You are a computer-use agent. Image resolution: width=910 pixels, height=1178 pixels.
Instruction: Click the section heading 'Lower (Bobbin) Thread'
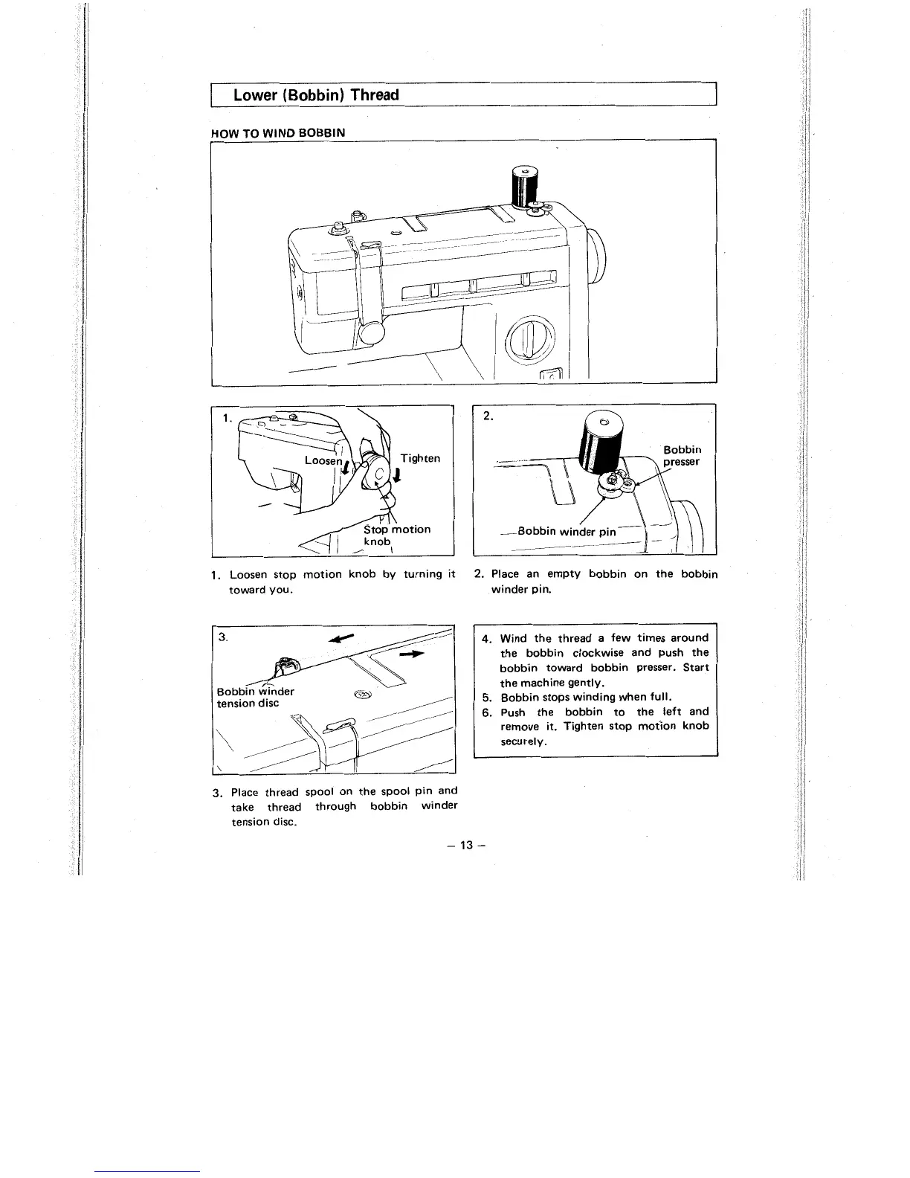point(316,95)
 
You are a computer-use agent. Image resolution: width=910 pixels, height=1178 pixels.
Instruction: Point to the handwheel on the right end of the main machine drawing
point(598,252)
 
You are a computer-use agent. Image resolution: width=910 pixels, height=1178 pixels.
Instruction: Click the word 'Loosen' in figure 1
point(322,461)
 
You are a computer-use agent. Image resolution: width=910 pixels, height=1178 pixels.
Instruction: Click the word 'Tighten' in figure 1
point(420,458)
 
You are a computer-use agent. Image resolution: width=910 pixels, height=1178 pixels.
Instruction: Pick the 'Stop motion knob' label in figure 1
point(396,535)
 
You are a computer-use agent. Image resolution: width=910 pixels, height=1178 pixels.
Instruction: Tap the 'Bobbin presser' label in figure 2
point(682,455)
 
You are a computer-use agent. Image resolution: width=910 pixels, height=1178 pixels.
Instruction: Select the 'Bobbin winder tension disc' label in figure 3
point(255,697)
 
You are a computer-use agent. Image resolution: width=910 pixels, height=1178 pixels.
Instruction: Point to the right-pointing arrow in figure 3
point(411,654)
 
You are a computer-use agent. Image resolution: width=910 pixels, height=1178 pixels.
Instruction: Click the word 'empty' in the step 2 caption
point(567,574)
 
